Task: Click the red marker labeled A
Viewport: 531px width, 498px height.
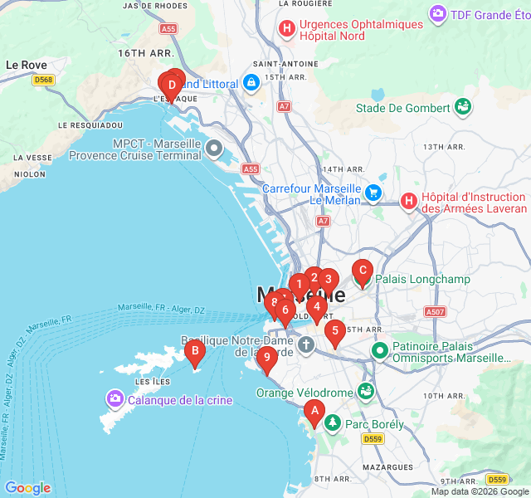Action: [314, 410]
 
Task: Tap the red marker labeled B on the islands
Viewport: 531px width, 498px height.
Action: [194, 352]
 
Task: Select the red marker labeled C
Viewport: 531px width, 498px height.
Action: [362, 271]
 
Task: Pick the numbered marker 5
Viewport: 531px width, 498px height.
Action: [334, 331]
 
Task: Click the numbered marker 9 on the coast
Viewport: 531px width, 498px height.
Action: [266, 358]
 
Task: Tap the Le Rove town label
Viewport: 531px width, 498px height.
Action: [26, 64]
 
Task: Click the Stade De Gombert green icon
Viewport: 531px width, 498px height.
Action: [462, 107]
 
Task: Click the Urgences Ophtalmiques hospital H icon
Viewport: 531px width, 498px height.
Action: [287, 30]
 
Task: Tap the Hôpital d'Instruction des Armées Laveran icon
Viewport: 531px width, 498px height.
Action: [409, 201]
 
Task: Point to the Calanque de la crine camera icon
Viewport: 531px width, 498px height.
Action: [114, 400]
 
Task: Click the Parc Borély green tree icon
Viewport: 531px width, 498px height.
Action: [333, 424]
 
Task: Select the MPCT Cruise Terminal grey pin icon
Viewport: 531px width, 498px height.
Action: [214, 149]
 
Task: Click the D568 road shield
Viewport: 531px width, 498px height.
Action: [44, 81]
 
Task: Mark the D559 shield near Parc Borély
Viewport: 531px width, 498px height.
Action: [373, 438]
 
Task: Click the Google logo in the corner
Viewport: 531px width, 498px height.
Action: [27, 488]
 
